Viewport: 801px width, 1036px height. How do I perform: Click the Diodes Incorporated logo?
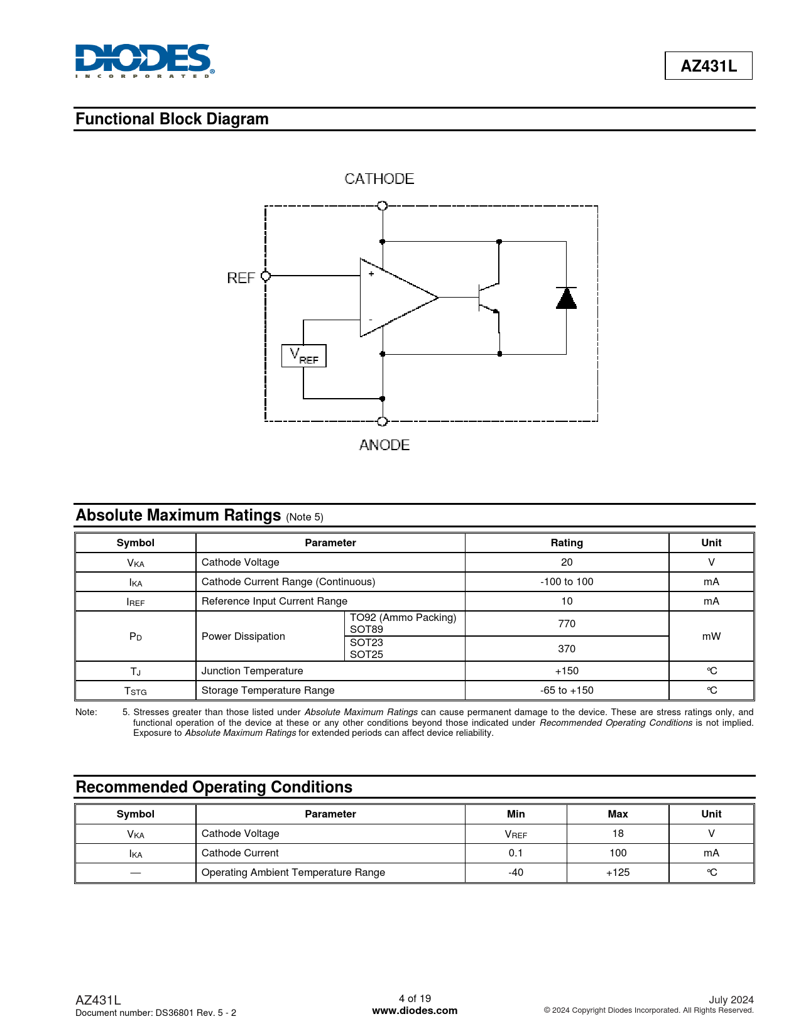coord(144,61)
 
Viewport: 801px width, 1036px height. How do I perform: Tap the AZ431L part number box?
coord(708,66)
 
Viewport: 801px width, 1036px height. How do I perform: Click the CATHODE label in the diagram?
coord(379,179)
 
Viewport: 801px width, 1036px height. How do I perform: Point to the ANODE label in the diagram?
coord(384,445)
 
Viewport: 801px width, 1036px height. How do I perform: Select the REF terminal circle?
coord(265,276)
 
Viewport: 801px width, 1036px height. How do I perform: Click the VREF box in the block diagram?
coord(304,356)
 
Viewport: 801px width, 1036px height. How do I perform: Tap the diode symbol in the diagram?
coord(566,298)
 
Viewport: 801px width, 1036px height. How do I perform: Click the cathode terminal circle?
coord(382,206)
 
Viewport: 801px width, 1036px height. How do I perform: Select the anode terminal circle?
coord(382,421)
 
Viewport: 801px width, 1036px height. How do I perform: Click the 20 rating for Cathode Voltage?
coord(567,563)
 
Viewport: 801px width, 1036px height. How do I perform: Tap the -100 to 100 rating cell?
coord(567,582)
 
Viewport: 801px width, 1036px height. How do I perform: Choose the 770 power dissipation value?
coord(567,623)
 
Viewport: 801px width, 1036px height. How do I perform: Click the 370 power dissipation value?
coord(567,649)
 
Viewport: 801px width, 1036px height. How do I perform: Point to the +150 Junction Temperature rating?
coord(567,671)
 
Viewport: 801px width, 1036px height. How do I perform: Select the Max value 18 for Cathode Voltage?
coord(618,834)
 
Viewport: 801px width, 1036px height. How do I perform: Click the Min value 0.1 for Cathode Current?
coord(516,853)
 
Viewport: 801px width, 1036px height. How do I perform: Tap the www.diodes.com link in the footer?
coord(415,1011)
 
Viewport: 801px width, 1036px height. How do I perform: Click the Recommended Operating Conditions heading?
coord(214,787)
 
